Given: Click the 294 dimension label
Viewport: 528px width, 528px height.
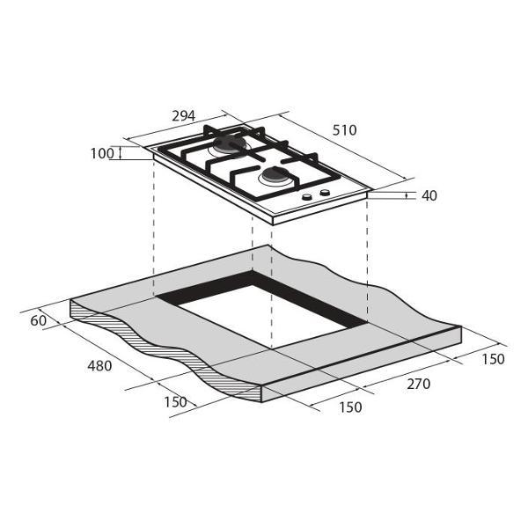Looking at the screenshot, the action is pyautogui.click(x=184, y=116).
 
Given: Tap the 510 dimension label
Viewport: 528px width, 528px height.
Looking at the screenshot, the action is pyautogui.click(x=344, y=130).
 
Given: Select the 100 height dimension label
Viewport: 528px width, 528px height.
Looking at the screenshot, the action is pyautogui.click(x=102, y=153).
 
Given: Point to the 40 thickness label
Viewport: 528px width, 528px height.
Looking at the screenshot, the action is pyautogui.click(x=429, y=195).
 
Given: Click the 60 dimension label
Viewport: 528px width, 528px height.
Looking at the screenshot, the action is pyautogui.click(x=39, y=320).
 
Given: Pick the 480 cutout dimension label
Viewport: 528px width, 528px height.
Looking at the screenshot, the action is pyautogui.click(x=99, y=366).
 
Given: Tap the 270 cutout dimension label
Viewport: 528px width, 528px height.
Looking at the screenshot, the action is pyautogui.click(x=419, y=384).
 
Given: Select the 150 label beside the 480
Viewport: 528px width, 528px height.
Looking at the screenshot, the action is pyautogui.click(x=175, y=402).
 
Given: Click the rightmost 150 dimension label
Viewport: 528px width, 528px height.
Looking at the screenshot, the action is pyautogui.click(x=494, y=359).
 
